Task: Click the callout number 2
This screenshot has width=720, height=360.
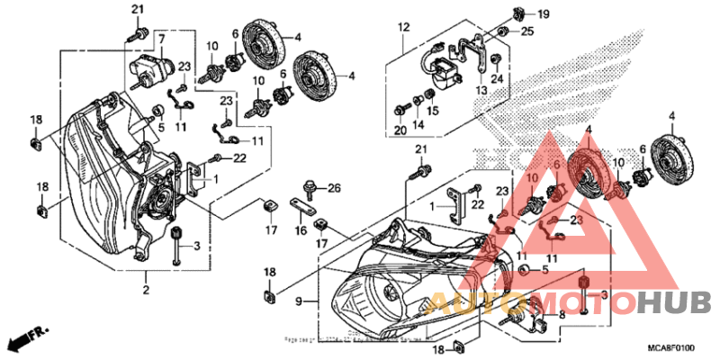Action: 145,289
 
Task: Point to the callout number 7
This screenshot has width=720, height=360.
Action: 162,40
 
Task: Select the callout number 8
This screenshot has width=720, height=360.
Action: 562,314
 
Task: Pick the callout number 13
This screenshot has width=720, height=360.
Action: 481,90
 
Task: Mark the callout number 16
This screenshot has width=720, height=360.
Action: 301,231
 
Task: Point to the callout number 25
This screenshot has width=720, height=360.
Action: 527,32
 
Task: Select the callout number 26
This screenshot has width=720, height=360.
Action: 334,188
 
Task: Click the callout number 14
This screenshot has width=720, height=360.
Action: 417,124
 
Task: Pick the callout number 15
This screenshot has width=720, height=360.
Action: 433,111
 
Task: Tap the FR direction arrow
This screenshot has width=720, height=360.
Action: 25,339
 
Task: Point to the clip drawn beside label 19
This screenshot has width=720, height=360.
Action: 519,13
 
